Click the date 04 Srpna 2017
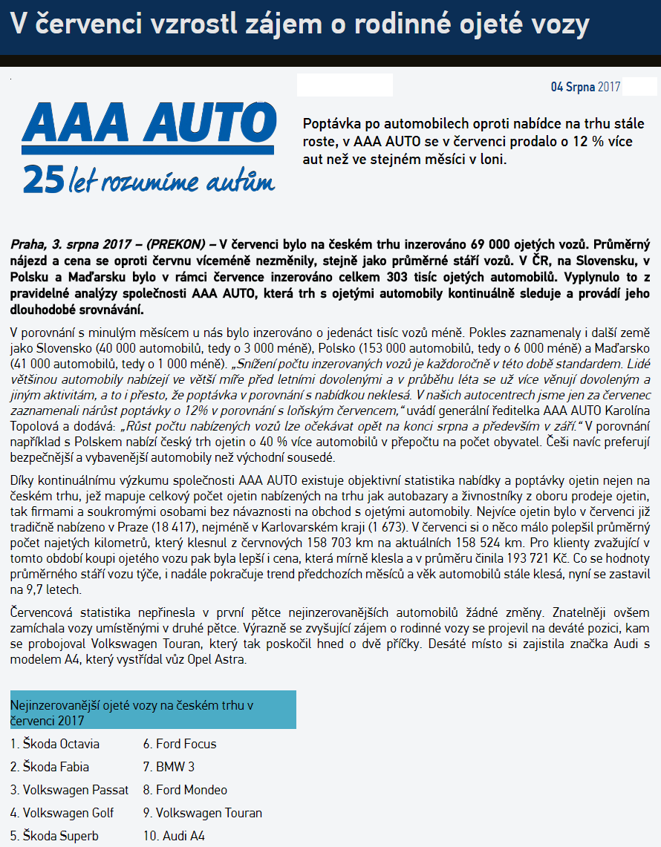coord(585,87)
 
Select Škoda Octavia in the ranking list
coord(55,744)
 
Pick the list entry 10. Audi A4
coord(174,836)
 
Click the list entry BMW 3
coord(175,767)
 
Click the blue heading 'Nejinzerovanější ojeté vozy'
coord(152,710)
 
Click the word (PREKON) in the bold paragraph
coord(175,243)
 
